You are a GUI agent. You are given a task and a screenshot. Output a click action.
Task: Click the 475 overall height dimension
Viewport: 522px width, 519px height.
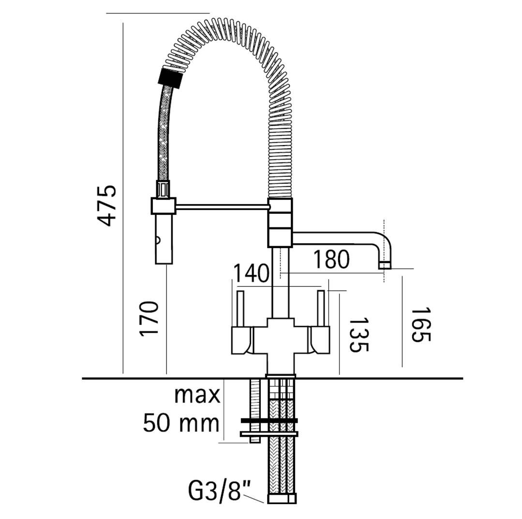[106, 205]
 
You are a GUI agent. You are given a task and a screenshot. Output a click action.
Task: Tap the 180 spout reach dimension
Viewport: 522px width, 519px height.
[331, 259]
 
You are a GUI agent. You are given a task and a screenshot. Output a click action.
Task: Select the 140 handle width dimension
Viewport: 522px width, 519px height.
[251, 273]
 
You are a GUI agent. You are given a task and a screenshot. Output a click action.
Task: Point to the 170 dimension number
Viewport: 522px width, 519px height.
[149, 319]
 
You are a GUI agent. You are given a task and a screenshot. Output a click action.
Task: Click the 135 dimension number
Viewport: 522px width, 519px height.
[359, 335]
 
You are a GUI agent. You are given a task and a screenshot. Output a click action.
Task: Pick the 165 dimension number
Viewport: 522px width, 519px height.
[421, 324]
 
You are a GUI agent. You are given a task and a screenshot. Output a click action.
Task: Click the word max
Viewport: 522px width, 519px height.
[197, 395]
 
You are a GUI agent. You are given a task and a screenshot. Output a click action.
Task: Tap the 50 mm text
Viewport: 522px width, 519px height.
[181, 423]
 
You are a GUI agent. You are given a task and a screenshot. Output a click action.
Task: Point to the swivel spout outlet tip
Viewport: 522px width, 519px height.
[385, 265]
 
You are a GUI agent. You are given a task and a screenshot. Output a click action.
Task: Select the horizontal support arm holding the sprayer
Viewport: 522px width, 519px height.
[223, 207]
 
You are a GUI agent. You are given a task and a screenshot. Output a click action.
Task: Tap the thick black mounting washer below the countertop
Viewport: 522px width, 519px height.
[269, 421]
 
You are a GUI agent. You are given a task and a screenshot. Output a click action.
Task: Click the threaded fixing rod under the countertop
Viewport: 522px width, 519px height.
[254, 412]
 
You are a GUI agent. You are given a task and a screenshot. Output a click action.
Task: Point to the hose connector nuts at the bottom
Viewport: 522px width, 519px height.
[281, 498]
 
